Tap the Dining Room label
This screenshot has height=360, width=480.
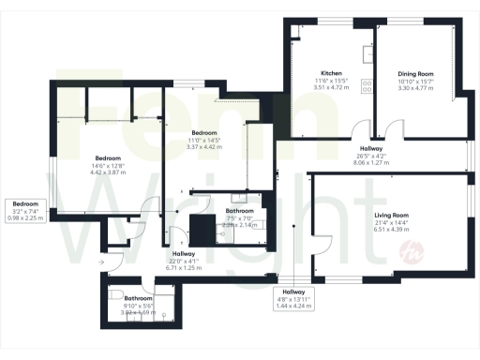(414, 72)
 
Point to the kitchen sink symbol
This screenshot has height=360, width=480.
(368, 45)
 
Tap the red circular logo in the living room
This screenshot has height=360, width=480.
(434, 251)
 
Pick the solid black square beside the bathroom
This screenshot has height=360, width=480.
(202, 228)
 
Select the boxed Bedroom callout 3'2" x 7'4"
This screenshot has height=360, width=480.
(25, 210)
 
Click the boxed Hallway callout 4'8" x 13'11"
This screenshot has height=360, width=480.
(294, 298)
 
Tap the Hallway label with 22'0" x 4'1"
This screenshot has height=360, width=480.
(183, 254)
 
